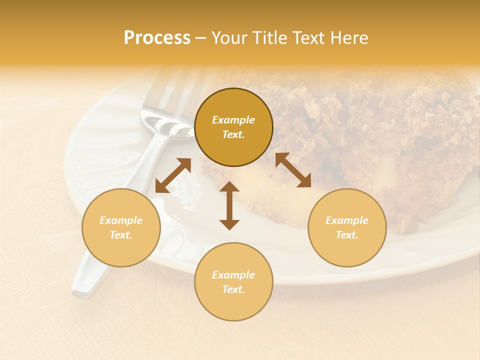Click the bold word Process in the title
pos(157,38)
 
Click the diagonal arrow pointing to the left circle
pos(173,175)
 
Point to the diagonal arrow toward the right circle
pos(293,170)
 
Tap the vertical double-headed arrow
pos(229,205)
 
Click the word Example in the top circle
pos(233,120)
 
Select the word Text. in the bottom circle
pos(233,289)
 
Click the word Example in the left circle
pos(121,220)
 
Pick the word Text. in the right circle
pos(347,235)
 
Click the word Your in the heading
pos(226,38)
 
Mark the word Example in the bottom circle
pos(233,275)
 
